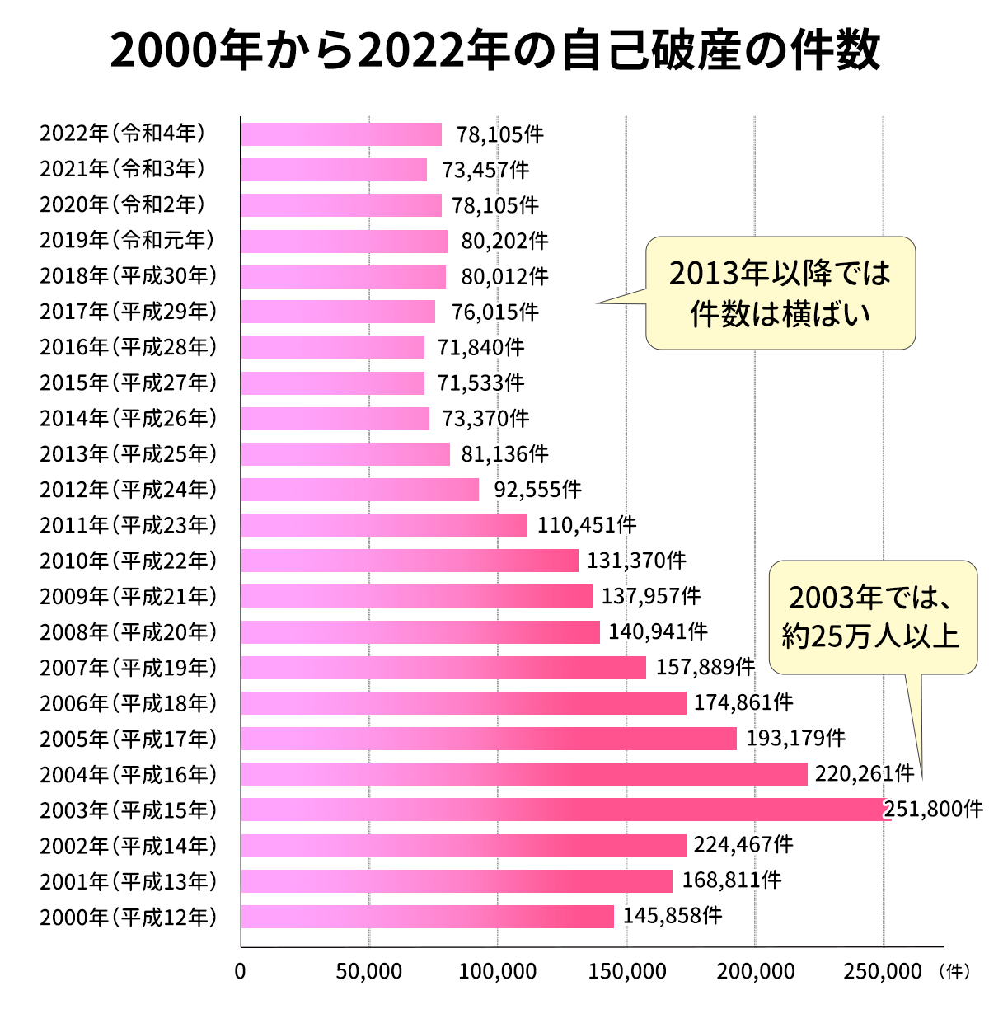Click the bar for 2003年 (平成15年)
(565, 810)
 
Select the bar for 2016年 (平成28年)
(333, 347)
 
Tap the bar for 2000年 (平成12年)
(427, 917)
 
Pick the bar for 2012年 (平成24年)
(360, 490)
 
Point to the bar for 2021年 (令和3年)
(334, 170)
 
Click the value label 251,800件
(934, 810)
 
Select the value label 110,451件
(587, 525)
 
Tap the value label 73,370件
(485, 419)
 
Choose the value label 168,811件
(731, 880)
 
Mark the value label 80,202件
(504, 241)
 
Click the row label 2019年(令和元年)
(128, 240)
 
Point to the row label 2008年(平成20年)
(128, 632)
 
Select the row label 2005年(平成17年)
(128, 739)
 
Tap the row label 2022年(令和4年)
(123, 134)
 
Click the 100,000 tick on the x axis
(498, 972)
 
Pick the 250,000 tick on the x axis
(883, 972)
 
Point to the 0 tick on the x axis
(241, 972)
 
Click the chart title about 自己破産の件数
(494, 51)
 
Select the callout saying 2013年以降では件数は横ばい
(780, 293)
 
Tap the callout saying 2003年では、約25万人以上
(872, 617)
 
